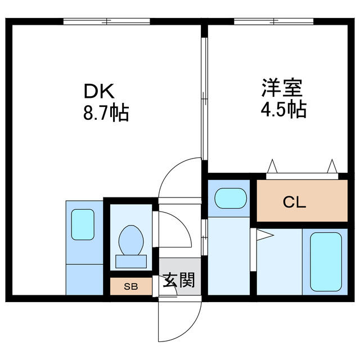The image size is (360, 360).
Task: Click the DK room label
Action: tap(100, 91)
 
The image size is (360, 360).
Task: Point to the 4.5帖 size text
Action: tap(282, 109)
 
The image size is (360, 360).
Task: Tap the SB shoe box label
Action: tap(130, 286)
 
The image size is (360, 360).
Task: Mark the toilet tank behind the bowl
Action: tap(131, 262)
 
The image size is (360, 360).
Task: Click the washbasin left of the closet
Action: tap(231, 199)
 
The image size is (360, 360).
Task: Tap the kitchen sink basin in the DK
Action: tap(83, 223)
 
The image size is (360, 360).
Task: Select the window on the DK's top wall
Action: tap(106, 21)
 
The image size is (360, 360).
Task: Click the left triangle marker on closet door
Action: tap(273, 166)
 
